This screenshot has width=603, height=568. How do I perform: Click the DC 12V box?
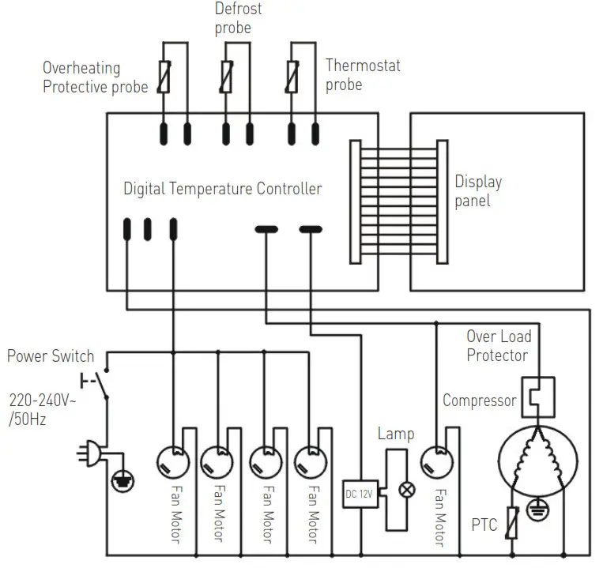(360, 494)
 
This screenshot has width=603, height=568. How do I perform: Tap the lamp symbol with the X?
(407, 490)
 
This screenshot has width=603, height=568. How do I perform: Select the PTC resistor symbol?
(512, 523)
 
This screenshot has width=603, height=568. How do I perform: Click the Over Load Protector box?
(538, 397)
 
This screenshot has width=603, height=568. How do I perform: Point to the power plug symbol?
(89, 453)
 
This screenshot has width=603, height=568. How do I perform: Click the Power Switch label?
(51, 355)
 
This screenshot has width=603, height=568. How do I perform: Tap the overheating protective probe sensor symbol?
(164, 77)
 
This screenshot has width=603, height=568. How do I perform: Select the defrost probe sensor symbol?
(227, 77)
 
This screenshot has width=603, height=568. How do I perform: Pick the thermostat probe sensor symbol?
(292, 77)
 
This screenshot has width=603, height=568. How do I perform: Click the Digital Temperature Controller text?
(223, 189)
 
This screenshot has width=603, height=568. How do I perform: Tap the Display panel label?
(478, 191)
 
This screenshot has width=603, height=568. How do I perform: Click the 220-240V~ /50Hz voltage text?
(43, 410)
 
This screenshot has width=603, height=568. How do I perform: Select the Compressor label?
(480, 401)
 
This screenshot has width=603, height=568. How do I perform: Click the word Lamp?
(396, 434)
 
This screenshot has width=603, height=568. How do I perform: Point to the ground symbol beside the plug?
(122, 481)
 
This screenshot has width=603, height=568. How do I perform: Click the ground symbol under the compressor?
(537, 510)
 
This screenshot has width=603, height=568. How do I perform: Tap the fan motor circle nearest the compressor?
(436, 462)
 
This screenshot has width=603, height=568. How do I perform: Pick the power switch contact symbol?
(97, 383)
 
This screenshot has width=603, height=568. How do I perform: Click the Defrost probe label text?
(238, 18)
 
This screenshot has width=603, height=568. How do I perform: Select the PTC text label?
(484, 525)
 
